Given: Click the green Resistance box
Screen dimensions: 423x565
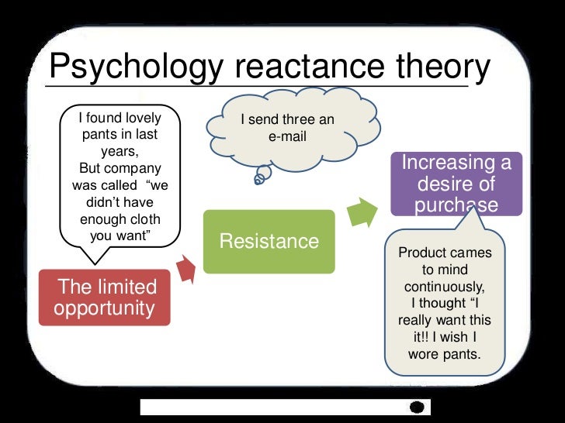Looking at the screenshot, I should [269, 241].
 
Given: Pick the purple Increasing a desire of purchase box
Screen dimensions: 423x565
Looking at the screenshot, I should [457, 184].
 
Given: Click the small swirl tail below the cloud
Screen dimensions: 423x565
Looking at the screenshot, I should [259, 180].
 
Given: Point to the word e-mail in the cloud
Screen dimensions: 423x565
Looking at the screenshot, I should [286, 137].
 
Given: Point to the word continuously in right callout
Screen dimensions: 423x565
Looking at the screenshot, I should [445, 287].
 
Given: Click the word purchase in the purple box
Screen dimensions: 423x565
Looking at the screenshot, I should [457, 205].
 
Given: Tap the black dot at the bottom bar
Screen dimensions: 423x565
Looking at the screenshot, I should [418, 407].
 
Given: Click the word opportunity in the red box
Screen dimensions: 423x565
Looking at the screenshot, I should [105, 308].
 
